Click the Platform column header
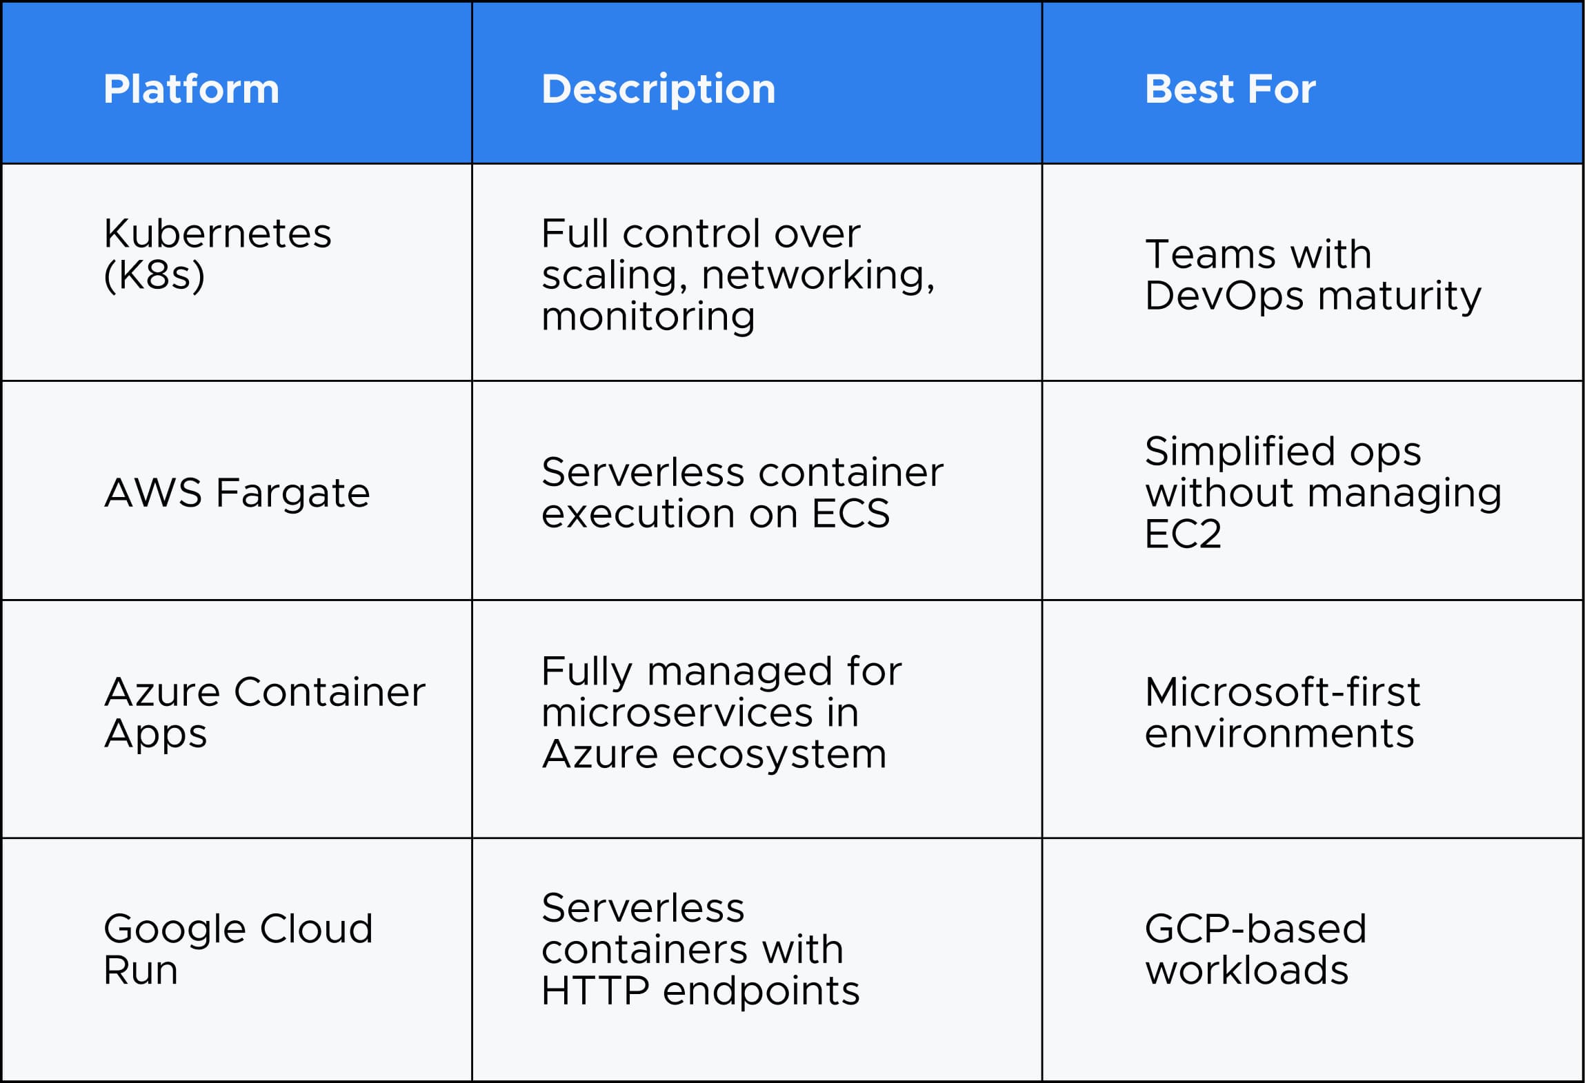click(x=191, y=90)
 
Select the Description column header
click(x=658, y=90)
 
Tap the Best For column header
click(x=1230, y=90)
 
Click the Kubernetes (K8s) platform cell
click(x=217, y=254)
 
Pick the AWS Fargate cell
click(x=237, y=494)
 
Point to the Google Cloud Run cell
click(x=238, y=949)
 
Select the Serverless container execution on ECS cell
click(x=742, y=493)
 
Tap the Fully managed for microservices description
click(x=721, y=712)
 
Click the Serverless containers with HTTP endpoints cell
click(x=700, y=949)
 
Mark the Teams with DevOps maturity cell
click(x=1313, y=275)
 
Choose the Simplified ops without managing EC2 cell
click(x=1323, y=492)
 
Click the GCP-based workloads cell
click(x=1255, y=949)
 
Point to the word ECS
click(x=850, y=514)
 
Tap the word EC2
click(x=1183, y=534)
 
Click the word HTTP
click(x=595, y=991)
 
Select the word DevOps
click(x=1224, y=296)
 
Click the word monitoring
click(x=648, y=316)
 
